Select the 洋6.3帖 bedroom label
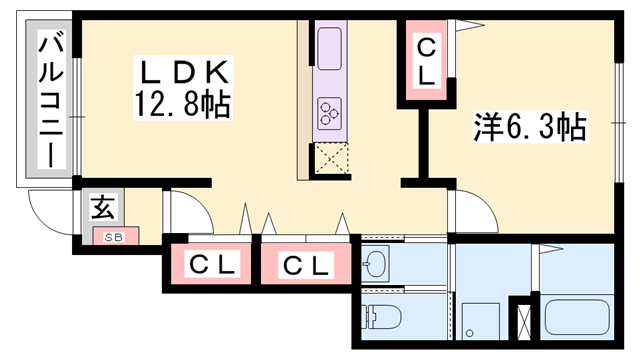(x=529, y=126)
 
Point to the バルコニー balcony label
(x=47, y=100)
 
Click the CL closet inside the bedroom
(x=426, y=61)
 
